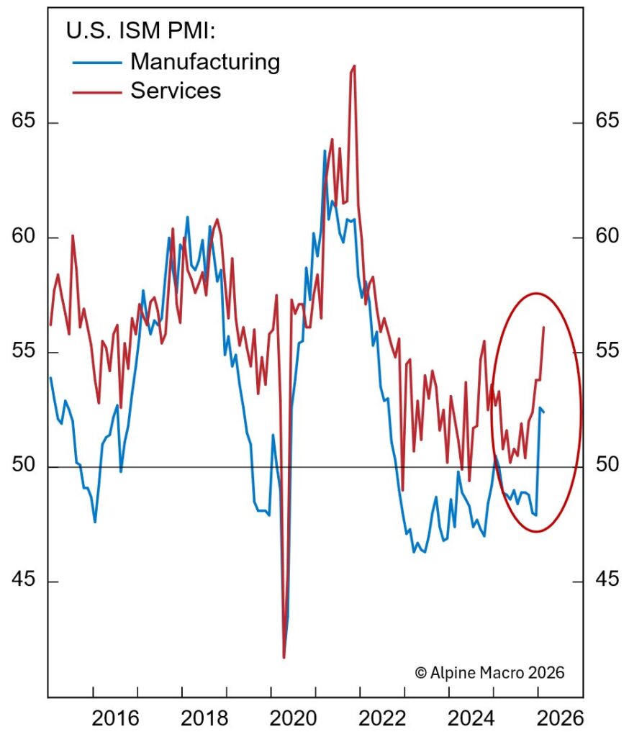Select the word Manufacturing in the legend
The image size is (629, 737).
click(x=204, y=62)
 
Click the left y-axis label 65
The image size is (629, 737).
click(x=24, y=122)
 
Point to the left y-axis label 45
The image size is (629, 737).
click(x=24, y=581)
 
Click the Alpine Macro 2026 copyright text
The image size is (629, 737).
click(x=490, y=672)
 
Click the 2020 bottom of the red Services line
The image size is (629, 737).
click(x=284, y=656)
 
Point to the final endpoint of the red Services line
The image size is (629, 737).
click(x=543, y=327)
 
